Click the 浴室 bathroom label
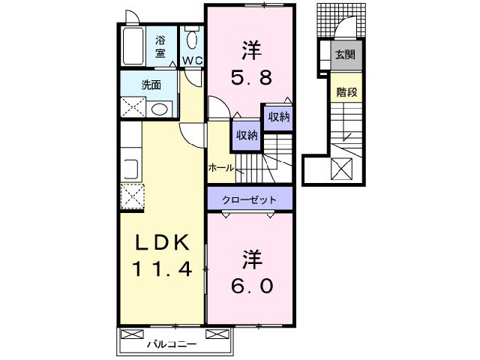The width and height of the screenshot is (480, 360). [x=160, y=46]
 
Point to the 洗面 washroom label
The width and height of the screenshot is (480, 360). [x=151, y=85]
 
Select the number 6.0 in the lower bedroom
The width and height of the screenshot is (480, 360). [x=251, y=286]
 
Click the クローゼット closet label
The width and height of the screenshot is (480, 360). [x=249, y=200]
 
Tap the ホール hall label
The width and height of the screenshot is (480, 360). [x=221, y=168]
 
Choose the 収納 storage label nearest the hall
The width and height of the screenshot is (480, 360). [x=247, y=136]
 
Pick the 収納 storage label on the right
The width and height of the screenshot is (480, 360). [x=276, y=117]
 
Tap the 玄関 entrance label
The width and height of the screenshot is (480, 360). [x=345, y=55]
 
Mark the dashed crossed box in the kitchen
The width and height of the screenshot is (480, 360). [x=131, y=196]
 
